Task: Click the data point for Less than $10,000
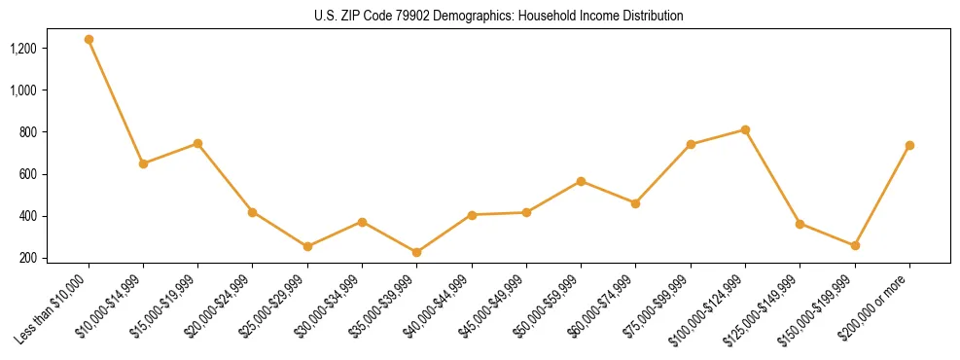click(x=89, y=40)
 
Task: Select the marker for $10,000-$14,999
click(x=143, y=163)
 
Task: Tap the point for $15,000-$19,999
click(x=197, y=143)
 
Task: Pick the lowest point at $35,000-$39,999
click(x=416, y=252)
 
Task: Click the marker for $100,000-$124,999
click(x=745, y=129)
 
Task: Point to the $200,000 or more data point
click(x=909, y=145)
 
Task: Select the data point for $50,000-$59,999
click(x=581, y=181)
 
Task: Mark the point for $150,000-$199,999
click(x=855, y=245)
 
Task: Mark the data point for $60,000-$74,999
click(x=635, y=203)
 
